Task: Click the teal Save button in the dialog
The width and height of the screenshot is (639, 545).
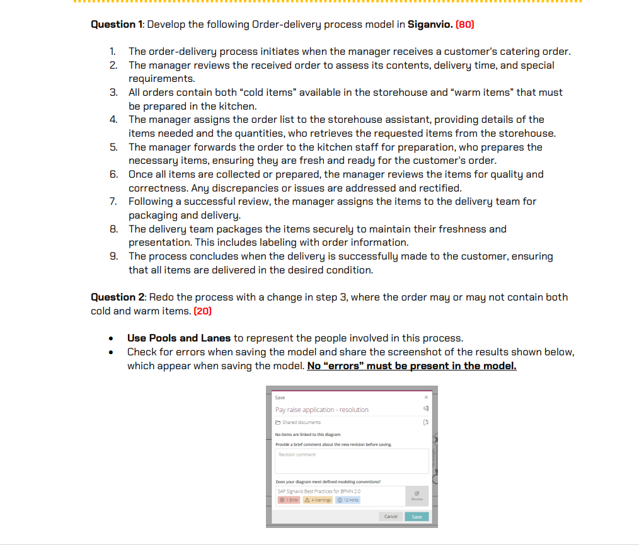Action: pos(417,516)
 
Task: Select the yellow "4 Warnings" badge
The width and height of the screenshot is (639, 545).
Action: pos(317,500)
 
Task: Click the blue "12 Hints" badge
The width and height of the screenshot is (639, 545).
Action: pos(348,500)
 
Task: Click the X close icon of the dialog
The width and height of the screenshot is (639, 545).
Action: pos(426,397)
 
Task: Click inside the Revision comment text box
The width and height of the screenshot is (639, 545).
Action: pos(351,461)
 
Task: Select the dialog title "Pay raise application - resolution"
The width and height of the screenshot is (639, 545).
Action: pos(321,410)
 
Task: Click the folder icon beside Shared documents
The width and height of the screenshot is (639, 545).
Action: pos(278,422)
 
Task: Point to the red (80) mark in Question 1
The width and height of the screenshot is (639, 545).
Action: pos(464,25)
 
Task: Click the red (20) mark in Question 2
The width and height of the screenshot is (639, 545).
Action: pos(203,311)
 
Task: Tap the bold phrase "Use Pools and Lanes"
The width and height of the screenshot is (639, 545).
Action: pos(179,338)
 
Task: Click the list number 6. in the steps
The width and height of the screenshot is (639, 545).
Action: pos(113,174)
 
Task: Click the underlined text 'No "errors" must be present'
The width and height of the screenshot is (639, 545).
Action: pos(411,365)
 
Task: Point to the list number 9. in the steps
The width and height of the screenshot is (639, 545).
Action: pos(113,256)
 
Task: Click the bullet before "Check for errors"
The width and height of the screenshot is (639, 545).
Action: pos(111,352)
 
